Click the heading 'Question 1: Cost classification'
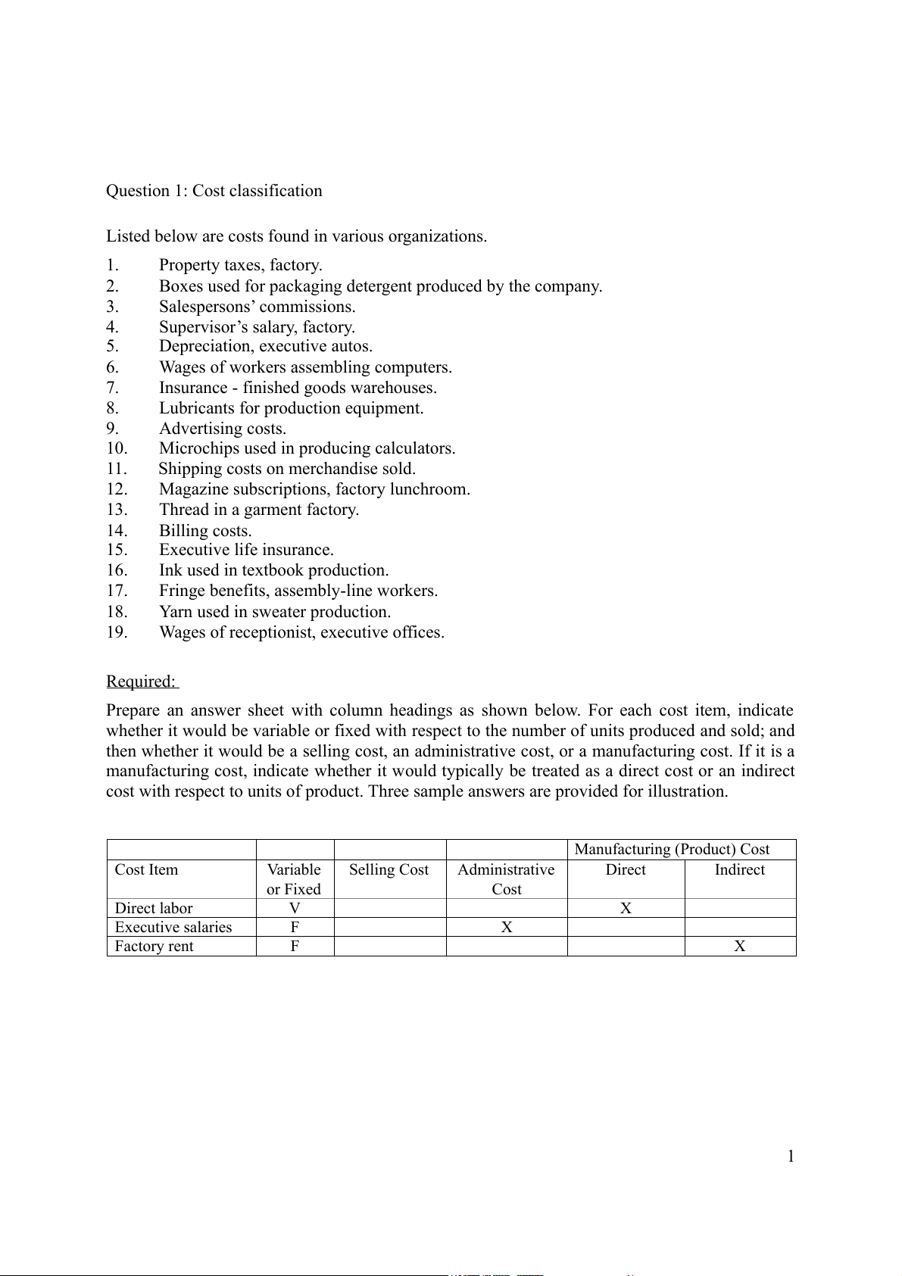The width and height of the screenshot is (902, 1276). coord(214,191)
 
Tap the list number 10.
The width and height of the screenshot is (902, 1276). coord(117,448)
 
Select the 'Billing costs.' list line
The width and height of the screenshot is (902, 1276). coord(205,531)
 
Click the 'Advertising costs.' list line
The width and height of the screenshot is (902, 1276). coord(222,429)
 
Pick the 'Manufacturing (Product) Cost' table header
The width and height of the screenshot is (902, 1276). coord(672,850)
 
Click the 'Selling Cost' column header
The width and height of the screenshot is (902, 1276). coord(389,870)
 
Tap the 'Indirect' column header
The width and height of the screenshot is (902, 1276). coord(739,870)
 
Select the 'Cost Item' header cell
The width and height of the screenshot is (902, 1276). coord(146,870)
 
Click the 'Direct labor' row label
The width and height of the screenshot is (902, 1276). coord(154,909)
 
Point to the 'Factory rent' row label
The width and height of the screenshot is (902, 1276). coord(154,947)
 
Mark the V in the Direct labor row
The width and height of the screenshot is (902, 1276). coord(295,909)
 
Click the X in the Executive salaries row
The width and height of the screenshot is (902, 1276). coord(507,928)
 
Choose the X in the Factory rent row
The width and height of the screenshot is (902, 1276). coord(740,947)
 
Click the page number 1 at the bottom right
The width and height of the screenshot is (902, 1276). coord(791,1156)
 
